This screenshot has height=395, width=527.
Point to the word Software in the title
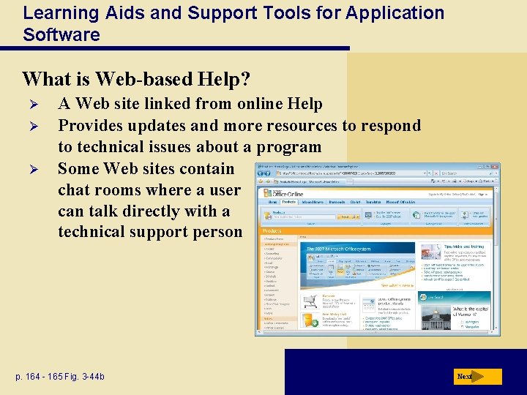pyautogui.click(x=61, y=34)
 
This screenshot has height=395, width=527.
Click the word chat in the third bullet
pyautogui.click(x=75, y=190)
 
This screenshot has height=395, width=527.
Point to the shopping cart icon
pyautogui.click(x=311, y=302)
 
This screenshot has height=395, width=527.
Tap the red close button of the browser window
pyautogui.click(x=495, y=166)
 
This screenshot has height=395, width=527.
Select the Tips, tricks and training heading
pyautogui.click(x=464, y=247)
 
